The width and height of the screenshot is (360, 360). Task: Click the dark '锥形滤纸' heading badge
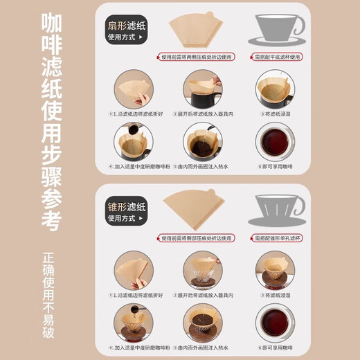pos(126,209)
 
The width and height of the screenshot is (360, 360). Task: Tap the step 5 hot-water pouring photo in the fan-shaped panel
pos(203,143)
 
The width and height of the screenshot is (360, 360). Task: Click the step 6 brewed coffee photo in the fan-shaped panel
pos(276,143)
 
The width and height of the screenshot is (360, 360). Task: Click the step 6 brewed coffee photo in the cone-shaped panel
pos(276,322)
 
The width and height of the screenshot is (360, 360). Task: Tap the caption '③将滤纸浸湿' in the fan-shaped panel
pos(276,114)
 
